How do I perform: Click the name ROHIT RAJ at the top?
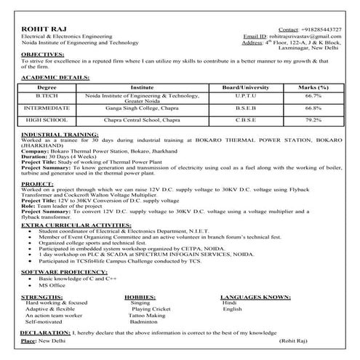click(39, 27)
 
